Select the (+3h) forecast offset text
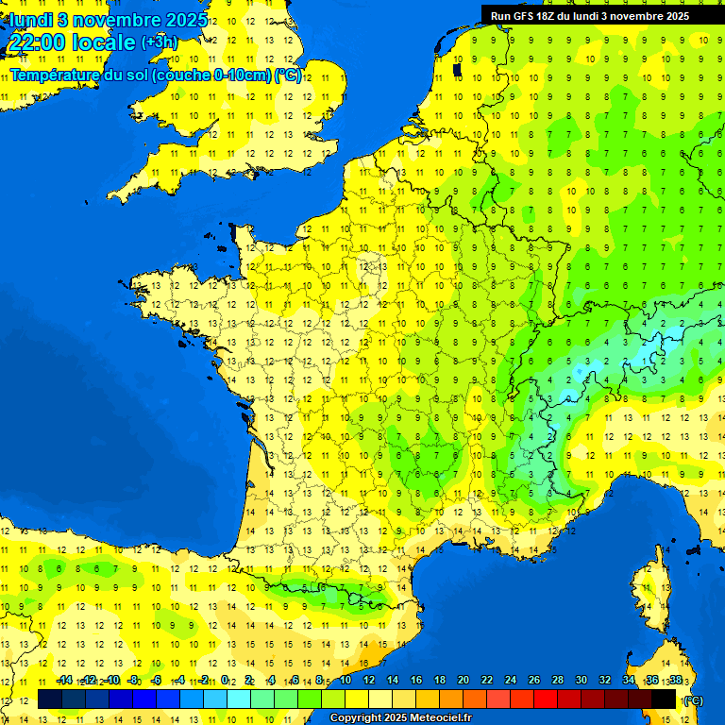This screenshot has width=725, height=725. click(x=159, y=42)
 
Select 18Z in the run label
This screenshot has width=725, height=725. click(x=548, y=16)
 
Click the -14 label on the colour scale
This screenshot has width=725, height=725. click(x=65, y=680)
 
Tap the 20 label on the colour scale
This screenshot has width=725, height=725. click(x=464, y=680)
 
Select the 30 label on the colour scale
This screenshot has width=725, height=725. click(x=582, y=680)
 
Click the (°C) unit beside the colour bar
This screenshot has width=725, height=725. click(x=693, y=700)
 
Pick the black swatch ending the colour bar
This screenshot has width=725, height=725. click(x=664, y=700)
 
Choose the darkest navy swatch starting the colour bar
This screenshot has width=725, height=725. click(x=50, y=700)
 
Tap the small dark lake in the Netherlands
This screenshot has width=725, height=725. click(x=457, y=69)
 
